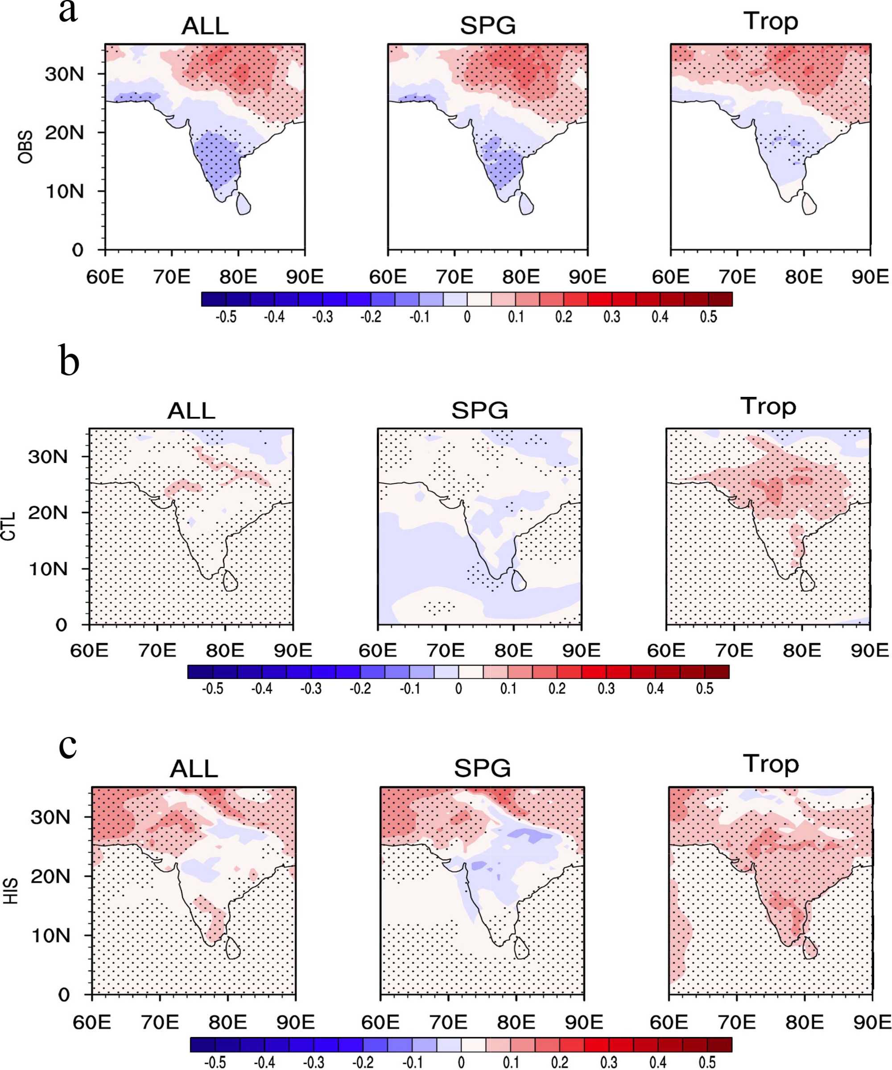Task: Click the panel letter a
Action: point(68,11)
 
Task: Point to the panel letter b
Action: point(69,361)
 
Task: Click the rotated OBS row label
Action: point(25,147)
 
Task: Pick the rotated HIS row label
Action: point(11,891)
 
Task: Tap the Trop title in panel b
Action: point(768,406)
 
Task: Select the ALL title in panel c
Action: point(194,769)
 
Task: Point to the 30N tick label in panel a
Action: point(64,75)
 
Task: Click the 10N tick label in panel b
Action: point(48,569)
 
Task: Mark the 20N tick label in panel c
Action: point(50,876)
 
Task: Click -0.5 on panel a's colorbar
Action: point(226,317)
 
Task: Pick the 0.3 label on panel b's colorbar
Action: point(606,689)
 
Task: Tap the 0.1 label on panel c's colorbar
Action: point(511,1062)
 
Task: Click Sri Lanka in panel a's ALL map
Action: point(244,203)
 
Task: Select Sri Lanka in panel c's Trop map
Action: point(809,947)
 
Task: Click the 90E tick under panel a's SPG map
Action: point(587,277)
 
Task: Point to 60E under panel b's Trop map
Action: point(666,651)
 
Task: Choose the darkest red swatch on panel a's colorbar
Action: point(720,299)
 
